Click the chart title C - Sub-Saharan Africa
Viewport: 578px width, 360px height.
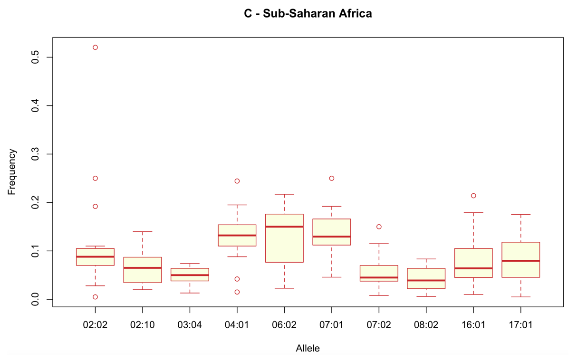pos(308,14)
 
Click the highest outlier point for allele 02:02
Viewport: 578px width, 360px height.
pos(95,47)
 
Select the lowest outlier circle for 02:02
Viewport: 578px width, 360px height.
pos(95,297)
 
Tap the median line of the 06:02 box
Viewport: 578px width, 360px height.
pos(284,227)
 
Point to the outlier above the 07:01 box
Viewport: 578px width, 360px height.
pos(332,179)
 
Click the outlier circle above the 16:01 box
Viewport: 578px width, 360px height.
pos(473,196)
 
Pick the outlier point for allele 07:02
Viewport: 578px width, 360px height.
pos(379,227)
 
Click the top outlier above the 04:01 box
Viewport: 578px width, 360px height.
pos(237,181)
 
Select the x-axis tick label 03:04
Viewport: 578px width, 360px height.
pos(190,325)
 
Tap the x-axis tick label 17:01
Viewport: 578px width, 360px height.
pos(520,325)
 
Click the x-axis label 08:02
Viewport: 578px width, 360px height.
pos(426,325)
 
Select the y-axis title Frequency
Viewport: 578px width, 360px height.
pos(12,172)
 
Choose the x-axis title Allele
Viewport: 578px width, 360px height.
pos(308,349)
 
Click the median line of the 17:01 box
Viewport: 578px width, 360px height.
pos(520,261)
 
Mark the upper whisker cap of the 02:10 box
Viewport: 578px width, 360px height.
pos(143,232)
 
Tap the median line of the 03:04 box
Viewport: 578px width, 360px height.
pos(190,275)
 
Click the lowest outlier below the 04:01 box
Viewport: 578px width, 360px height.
pos(237,292)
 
